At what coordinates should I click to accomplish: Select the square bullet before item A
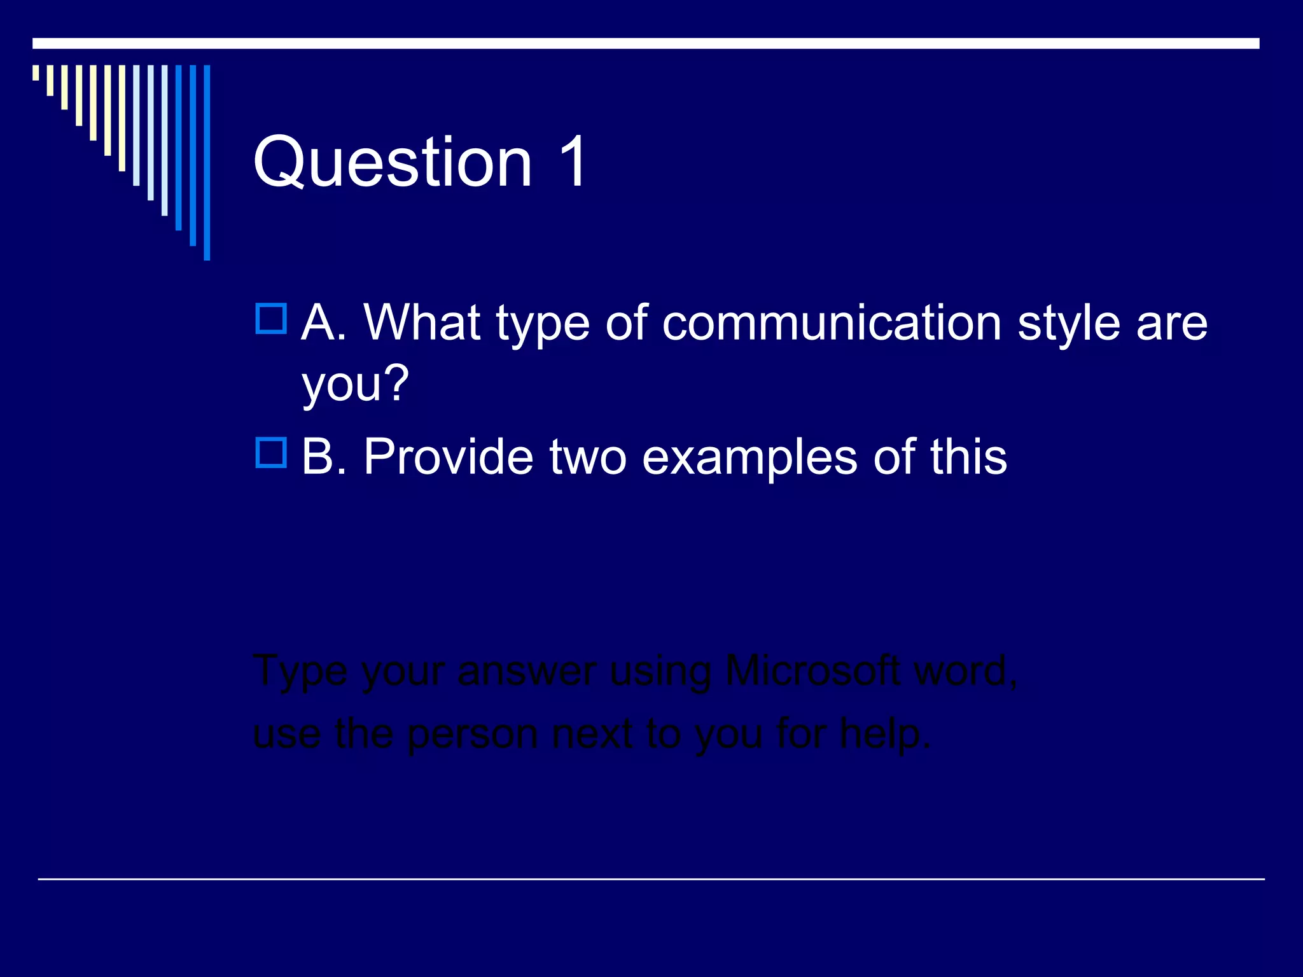[x=271, y=319]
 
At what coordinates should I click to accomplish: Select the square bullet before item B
[x=271, y=453]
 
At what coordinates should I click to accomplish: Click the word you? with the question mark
[x=355, y=384]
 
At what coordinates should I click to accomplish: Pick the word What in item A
[x=422, y=322]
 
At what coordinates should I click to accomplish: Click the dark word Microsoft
[x=812, y=670]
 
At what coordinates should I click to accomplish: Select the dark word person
[x=472, y=735]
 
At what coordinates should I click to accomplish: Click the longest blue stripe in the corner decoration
[x=207, y=162]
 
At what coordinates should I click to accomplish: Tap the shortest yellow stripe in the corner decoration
[x=36, y=73]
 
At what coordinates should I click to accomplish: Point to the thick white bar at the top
[x=646, y=43]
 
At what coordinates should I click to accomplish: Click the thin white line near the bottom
[x=651, y=879]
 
